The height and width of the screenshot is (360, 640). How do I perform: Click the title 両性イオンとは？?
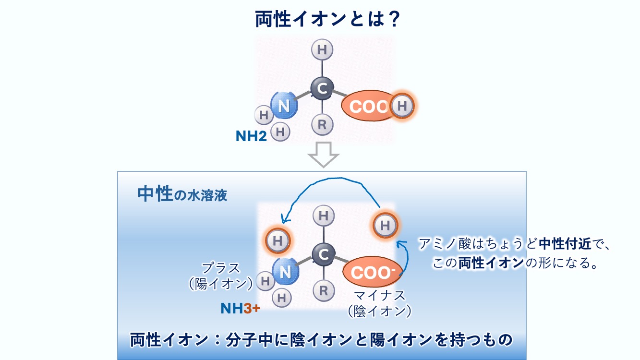328,19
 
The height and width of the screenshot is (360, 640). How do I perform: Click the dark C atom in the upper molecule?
322,89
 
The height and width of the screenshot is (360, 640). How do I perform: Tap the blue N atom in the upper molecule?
284,106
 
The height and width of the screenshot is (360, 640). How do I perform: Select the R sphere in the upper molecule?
322,125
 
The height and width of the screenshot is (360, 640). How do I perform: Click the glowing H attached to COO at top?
402,106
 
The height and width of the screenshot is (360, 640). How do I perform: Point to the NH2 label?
251,136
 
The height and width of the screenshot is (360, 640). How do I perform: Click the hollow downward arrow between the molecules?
324,155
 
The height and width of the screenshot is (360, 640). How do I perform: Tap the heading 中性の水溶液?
182,194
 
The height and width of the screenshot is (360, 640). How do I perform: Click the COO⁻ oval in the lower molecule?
373,272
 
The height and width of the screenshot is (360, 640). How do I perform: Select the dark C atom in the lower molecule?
324,254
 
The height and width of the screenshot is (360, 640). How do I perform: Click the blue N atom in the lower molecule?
285,272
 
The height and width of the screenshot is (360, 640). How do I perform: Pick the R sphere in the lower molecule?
324,290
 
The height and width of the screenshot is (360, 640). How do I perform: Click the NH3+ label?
240,309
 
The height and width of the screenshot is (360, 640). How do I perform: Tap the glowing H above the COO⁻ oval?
385,226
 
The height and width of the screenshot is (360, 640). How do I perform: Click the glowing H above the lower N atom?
278,241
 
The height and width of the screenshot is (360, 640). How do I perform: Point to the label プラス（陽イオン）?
220,276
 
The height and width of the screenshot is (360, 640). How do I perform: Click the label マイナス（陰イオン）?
380,303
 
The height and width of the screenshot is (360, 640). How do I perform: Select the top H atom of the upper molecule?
322,50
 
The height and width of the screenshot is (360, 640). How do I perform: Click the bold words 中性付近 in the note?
565,244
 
